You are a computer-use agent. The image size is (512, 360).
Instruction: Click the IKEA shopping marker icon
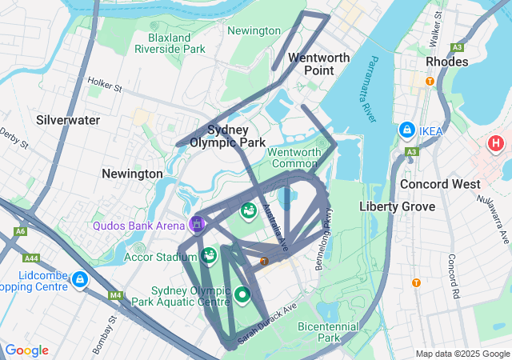[x=406, y=130]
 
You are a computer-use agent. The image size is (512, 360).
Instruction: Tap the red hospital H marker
[x=496, y=145]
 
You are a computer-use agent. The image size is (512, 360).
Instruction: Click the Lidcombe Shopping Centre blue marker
[x=79, y=279]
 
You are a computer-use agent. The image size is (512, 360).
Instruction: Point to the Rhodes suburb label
[x=447, y=62]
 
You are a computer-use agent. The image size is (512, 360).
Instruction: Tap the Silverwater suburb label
[x=68, y=120]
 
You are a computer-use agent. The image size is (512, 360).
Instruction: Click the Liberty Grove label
[x=398, y=206]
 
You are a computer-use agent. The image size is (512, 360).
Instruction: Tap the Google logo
[x=26, y=350]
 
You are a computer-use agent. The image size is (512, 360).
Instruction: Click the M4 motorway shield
[x=116, y=296]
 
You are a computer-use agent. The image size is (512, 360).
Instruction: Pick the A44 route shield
[x=32, y=258]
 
